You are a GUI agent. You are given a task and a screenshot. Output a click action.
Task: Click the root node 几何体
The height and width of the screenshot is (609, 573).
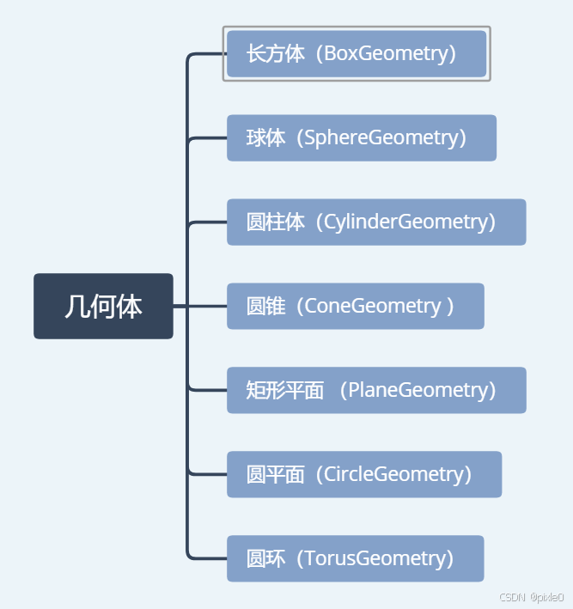[103, 306]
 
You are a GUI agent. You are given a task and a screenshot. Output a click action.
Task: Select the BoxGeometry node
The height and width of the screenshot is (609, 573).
[357, 53]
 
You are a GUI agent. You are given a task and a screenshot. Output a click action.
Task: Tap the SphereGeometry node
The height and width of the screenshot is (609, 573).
[362, 137]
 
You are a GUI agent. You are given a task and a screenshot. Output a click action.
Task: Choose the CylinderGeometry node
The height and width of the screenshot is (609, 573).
[376, 222]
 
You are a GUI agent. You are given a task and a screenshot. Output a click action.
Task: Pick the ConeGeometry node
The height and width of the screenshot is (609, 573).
[356, 306]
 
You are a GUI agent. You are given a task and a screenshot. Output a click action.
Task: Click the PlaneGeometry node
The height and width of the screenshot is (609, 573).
[376, 390]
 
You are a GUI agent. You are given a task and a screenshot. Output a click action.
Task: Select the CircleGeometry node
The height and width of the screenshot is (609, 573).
[364, 474]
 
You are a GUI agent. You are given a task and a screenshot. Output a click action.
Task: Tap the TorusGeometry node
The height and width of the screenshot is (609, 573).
[356, 558]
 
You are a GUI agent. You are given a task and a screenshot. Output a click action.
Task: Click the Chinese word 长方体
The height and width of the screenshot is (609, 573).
[275, 53]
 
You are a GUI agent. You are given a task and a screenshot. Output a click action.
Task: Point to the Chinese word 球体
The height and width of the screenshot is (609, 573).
[265, 137]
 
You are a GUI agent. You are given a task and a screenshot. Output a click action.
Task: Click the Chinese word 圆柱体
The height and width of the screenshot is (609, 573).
[275, 222]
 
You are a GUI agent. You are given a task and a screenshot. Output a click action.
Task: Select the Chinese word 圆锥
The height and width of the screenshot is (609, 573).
[265, 306]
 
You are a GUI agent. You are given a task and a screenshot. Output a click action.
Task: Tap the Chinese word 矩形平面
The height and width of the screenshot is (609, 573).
[284, 390]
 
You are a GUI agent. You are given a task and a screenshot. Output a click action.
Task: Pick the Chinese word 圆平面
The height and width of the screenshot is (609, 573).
[275, 474]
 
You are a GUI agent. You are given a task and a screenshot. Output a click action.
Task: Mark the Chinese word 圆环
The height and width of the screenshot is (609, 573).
[265, 558]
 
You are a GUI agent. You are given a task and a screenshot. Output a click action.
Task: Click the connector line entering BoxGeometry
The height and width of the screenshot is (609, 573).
[206, 54]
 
